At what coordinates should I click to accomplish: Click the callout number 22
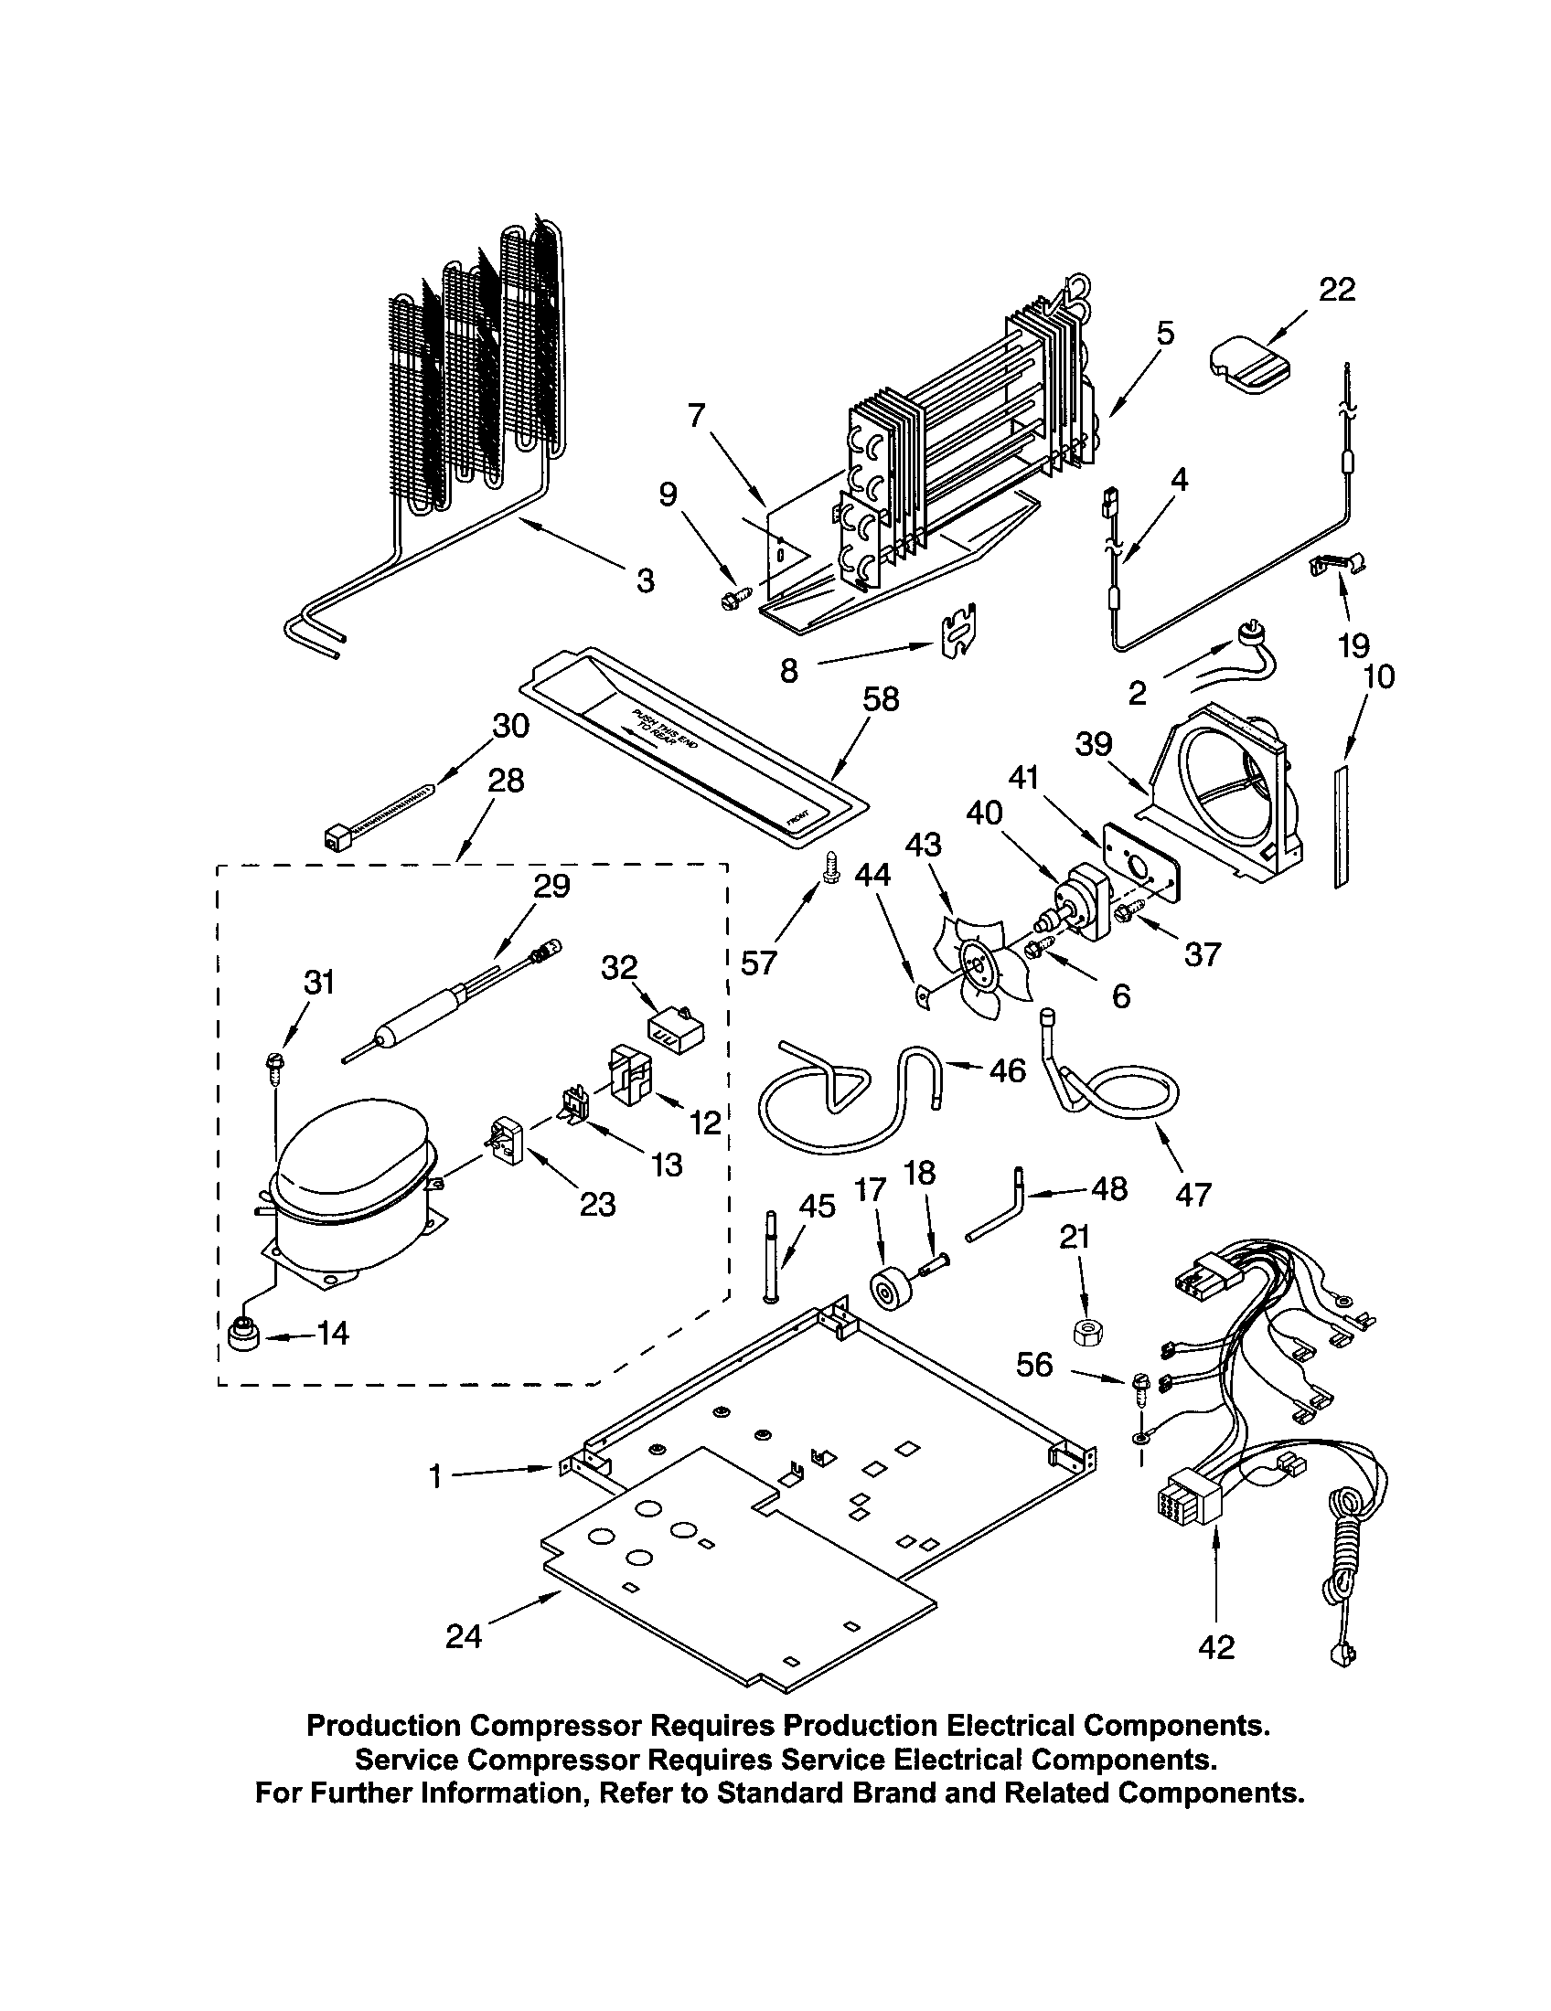1336,291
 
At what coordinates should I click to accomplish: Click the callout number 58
880,700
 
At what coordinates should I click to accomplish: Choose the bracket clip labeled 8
957,632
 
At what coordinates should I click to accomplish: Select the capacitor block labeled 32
674,1031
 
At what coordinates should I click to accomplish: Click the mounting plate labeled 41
1139,858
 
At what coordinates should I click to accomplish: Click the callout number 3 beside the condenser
646,580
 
